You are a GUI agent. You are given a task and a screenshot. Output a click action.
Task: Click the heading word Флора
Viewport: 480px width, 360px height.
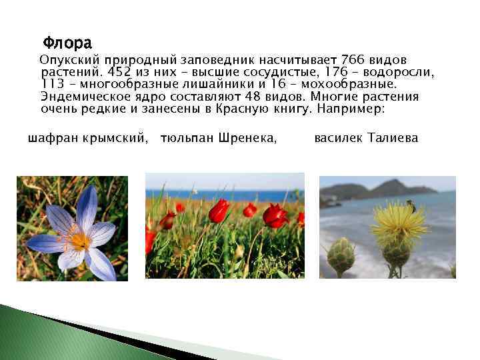pos(67,45)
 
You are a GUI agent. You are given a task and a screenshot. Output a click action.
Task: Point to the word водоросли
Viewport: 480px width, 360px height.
pos(405,73)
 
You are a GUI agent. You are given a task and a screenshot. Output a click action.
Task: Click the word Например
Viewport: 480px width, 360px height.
pos(355,108)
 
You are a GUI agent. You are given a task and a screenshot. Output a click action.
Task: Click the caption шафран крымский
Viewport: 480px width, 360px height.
pos(87,139)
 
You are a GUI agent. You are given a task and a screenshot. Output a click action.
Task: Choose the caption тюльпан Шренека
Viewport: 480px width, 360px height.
pos(219,139)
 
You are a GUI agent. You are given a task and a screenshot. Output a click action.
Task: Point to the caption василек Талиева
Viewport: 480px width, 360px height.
pos(366,139)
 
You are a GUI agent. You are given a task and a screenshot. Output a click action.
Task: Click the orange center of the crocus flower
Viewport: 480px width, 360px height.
pos(78,239)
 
